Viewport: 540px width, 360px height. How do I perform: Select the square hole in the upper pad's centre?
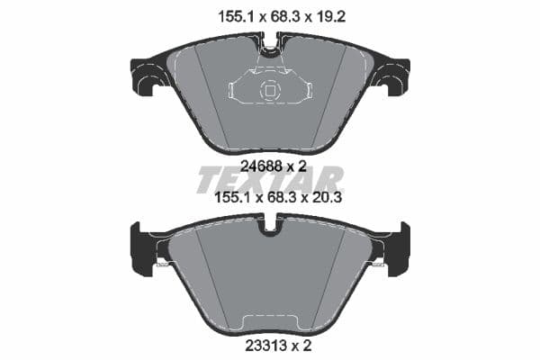(269, 90)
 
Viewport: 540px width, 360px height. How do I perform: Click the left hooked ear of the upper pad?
(146, 77)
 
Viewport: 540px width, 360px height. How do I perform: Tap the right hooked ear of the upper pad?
(394, 77)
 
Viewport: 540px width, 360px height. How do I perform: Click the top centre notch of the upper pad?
(270, 41)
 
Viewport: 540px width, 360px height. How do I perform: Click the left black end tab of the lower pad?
(142, 249)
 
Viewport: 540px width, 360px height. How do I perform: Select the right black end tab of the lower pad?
(398, 249)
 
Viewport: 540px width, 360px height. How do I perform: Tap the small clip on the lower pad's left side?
(161, 263)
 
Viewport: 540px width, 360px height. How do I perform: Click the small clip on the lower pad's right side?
(379, 263)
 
